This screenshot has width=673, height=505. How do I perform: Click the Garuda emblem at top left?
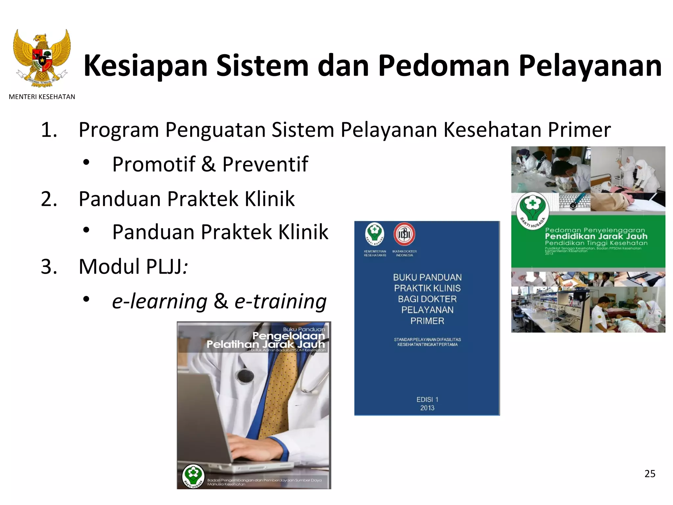tap(42, 58)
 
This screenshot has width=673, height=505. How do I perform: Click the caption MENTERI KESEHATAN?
tap(42, 97)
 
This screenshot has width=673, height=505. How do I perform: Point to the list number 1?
tap(49, 130)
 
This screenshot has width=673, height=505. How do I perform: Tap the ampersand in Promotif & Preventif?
tap(209, 164)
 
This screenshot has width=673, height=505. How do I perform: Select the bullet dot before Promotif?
tap(86, 162)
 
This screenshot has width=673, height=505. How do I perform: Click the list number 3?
tap(49, 267)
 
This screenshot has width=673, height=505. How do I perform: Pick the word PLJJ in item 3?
tap(163, 267)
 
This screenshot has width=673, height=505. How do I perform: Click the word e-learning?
tap(160, 301)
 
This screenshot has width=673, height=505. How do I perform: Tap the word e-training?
tap(280, 301)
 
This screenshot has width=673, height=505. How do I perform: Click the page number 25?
tap(650, 474)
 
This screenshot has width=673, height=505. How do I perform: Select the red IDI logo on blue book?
tap(404, 234)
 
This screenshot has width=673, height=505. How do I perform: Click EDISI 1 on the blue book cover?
tap(427, 400)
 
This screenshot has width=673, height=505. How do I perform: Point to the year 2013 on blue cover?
tap(427, 408)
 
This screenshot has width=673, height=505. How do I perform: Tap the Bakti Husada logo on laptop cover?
tap(193, 475)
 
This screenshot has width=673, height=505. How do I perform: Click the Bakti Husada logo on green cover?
tap(532, 209)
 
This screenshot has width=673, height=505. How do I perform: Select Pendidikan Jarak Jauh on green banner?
tap(596, 236)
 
